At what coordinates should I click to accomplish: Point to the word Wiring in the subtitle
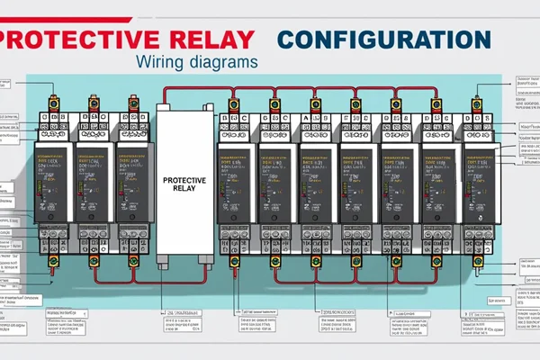(165, 64)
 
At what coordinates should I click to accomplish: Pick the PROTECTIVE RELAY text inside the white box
(186, 185)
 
